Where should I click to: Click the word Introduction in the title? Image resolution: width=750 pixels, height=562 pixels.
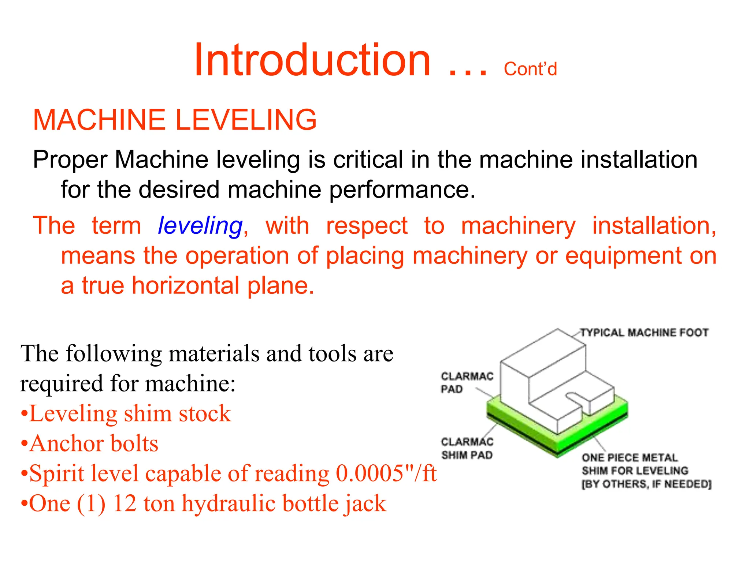(312, 60)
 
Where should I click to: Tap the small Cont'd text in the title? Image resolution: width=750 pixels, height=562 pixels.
(530, 69)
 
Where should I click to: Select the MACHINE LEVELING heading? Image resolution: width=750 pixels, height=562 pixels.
(175, 120)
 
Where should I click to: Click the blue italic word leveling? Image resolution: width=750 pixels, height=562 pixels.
(200, 225)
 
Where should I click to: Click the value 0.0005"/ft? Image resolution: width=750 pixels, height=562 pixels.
(386, 473)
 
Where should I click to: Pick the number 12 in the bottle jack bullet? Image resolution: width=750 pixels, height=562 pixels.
(125, 503)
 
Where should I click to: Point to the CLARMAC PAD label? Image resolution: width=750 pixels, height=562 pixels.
(467, 382)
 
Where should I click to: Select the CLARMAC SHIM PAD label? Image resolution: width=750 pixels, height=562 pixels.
(467, 449)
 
